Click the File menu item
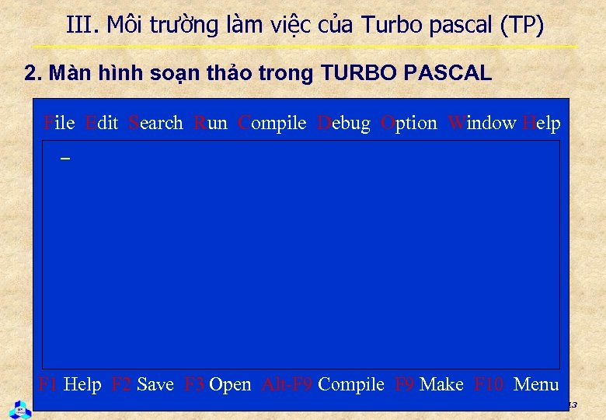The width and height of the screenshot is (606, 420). click(59, 123)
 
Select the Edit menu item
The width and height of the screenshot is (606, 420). click(101, 123)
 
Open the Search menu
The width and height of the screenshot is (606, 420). click(155, 123)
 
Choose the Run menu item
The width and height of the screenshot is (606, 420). click(211, 123)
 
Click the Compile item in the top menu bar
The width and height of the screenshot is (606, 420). click(272, 123)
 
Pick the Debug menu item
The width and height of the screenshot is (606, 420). click(344, 123)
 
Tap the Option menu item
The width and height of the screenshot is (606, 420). click(409, 123)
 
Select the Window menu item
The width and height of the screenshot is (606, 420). click(482, 123)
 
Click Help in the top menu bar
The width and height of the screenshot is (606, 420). click(542, 123)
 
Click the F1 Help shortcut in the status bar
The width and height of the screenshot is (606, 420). click(70, 384)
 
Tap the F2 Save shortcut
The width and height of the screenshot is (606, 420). click(143, 384)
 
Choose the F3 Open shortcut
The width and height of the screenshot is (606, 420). click(218, 384)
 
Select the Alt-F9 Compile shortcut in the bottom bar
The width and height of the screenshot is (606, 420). click(323, 384)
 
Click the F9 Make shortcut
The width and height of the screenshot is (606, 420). click(429, 384)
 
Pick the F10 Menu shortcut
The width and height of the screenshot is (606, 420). click(516, 384)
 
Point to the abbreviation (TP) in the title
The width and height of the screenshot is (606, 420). click(522, 25)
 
